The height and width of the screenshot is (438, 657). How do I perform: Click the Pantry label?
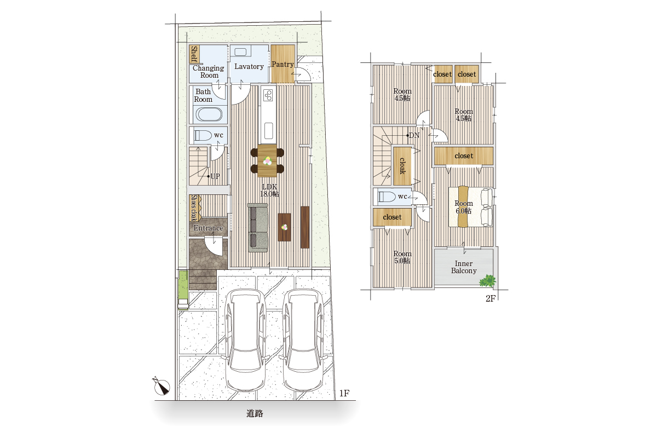point(283,64)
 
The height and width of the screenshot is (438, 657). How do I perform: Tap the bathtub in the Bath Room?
point(209,114)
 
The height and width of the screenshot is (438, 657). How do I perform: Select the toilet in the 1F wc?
point(203,136)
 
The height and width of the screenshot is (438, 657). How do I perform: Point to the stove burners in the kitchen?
point(268,95)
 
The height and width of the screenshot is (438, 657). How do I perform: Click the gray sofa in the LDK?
point(258,228)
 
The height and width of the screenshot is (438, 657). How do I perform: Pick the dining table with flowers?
point(267,160)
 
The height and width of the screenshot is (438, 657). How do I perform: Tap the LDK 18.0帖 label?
point(269,190)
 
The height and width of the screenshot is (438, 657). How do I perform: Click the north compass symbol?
point(162,386)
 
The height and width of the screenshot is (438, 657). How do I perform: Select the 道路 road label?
point(255,414)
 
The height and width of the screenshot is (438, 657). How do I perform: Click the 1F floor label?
point(344,393)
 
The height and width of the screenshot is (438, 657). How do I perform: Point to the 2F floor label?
point(491,298)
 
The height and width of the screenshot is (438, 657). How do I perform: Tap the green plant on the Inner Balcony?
point(487,280)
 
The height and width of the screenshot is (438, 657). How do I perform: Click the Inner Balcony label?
point(464,267)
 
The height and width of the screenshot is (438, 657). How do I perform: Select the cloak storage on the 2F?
point(402,166)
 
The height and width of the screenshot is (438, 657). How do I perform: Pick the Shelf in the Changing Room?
point(194,54)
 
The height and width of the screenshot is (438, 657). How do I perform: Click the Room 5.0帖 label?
point(402,257)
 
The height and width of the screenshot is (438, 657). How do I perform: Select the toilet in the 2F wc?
point(387,197)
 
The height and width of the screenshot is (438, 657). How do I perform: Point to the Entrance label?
point(208,228)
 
